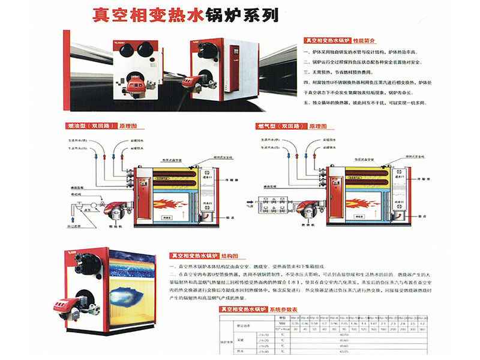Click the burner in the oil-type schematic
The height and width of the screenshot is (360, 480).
114,211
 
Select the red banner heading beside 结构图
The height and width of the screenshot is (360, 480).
191,255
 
